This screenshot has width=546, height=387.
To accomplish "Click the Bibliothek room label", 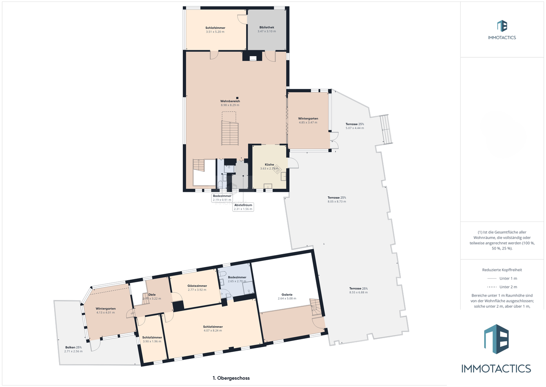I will (267, 27).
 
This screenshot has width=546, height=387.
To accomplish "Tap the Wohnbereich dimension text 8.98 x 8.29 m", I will (230, 105).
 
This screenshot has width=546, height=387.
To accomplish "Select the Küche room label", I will (269, 164).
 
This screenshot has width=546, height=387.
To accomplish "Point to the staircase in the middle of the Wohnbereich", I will (230, 133).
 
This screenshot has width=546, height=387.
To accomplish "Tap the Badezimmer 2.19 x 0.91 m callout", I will (222, 197).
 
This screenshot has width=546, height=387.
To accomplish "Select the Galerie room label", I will (287, 294).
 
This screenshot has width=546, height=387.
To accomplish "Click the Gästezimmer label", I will (197, 286).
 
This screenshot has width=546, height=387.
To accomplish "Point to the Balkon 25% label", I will (73, 347).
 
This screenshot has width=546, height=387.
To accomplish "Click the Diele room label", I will (152, 294).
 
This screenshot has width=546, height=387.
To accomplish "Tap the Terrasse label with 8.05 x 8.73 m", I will (337, 197).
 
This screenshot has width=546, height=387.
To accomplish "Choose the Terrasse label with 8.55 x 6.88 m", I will (358, 288).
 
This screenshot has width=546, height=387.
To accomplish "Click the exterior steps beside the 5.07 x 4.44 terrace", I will (386, 129).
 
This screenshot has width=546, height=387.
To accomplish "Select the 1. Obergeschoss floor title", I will (231, 378).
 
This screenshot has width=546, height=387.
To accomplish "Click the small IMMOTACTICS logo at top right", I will (502, 30).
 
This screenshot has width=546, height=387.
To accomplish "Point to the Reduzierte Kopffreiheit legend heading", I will (502, 270).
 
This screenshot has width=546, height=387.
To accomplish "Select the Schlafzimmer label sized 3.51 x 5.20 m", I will (215, 28).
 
